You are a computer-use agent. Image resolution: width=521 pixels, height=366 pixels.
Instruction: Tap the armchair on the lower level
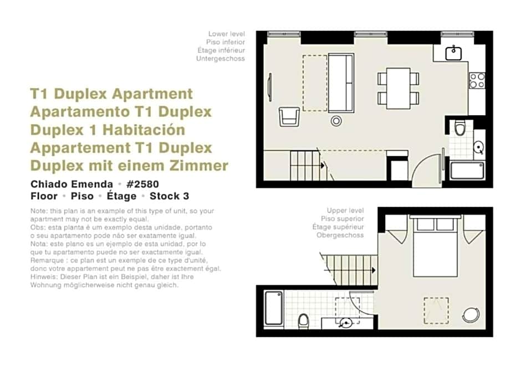[x=289, y=116]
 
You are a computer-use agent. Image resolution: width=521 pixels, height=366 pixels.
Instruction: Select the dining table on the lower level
[x=398, y=87]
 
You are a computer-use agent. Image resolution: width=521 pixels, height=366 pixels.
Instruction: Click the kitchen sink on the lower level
[x=454, y=53]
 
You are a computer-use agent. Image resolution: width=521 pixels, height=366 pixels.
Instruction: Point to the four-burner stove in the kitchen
[x=477, y=81]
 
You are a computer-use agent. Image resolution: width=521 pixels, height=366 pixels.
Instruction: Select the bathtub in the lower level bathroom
[x=467, y=169]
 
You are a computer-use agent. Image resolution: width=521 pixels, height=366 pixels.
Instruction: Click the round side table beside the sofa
[x=336, y=120]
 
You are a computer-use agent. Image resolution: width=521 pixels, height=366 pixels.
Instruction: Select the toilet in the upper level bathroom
[x=304, y=320]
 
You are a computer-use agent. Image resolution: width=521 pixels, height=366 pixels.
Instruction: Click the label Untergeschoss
[x=220, y=58]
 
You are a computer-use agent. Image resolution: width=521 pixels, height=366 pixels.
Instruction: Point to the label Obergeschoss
[x=340, y=235]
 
